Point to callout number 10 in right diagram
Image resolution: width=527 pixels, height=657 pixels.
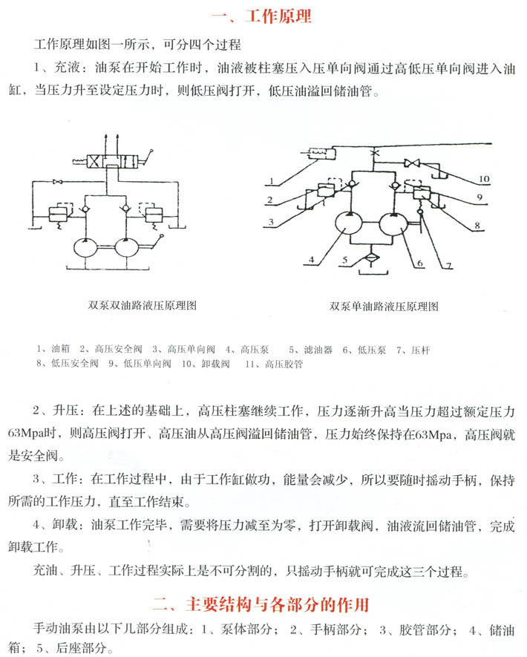pyautogui.click(x=484, y=179)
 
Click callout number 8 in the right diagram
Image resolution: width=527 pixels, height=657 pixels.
pyautogui.click(x=478, y=223)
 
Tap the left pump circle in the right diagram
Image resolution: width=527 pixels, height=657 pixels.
pyautogui.click(x=347, y=223)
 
